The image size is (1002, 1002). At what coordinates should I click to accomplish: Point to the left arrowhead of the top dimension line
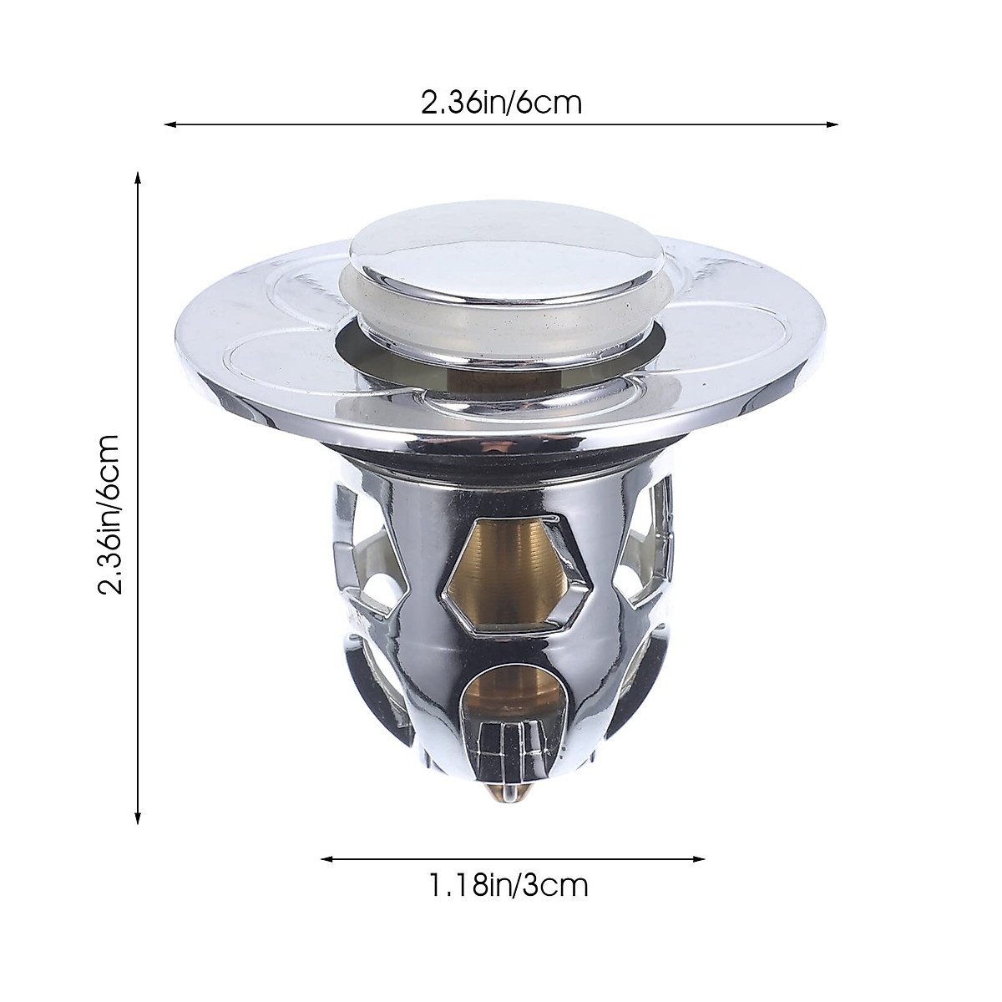168,125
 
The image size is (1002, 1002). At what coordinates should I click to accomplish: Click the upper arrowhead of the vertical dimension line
139,177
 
